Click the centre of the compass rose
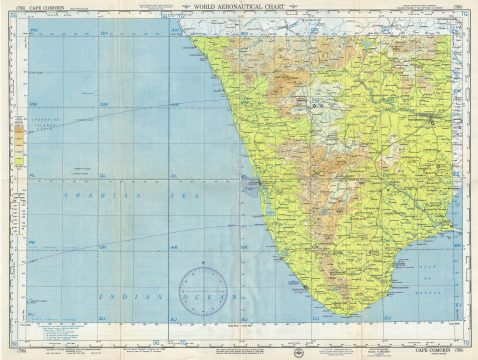coord(204,290)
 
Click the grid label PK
coord(34,243)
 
